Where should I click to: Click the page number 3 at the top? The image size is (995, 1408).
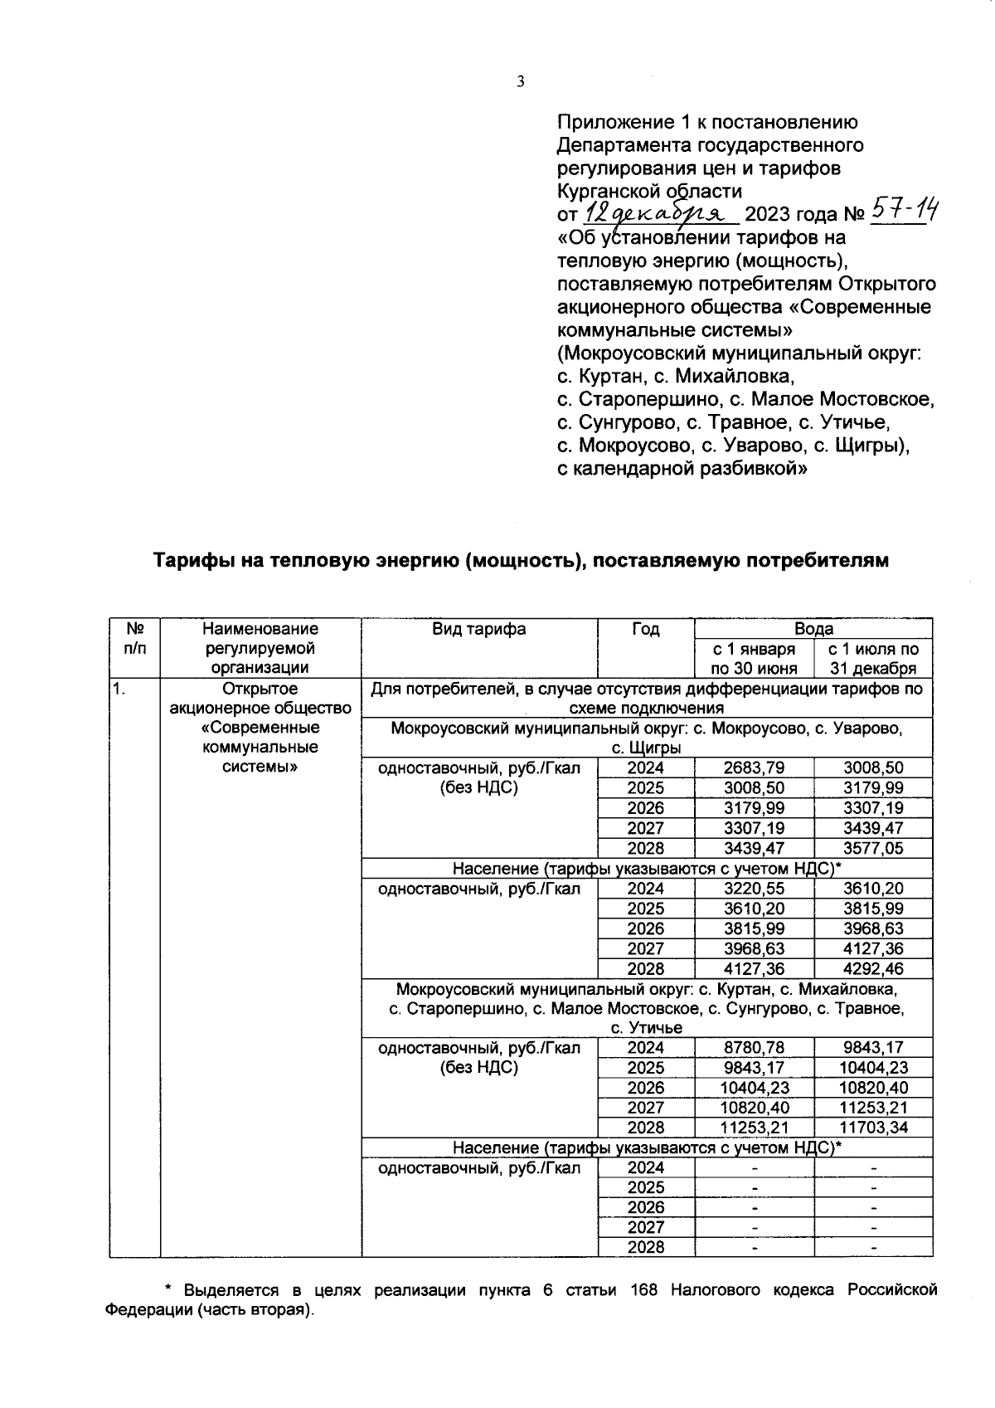520,81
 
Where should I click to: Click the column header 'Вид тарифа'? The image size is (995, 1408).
478,629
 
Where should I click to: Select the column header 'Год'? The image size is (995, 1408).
645,629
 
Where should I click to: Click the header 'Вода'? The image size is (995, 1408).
813,629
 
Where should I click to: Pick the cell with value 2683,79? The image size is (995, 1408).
754,768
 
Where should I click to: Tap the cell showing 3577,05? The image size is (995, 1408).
873,848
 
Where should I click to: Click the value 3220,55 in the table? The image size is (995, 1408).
754,889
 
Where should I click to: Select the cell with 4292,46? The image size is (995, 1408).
873,968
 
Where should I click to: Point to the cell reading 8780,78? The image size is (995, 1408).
754,1048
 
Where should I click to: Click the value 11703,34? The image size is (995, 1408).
873,1128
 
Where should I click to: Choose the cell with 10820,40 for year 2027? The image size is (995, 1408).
754,1108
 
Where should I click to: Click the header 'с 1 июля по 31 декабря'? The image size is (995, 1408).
873,659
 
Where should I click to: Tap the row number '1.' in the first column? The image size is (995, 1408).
121,689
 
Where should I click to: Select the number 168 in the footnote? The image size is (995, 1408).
644,1290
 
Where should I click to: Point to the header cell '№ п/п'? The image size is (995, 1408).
134,639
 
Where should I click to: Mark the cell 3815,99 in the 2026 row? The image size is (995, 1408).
754,928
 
